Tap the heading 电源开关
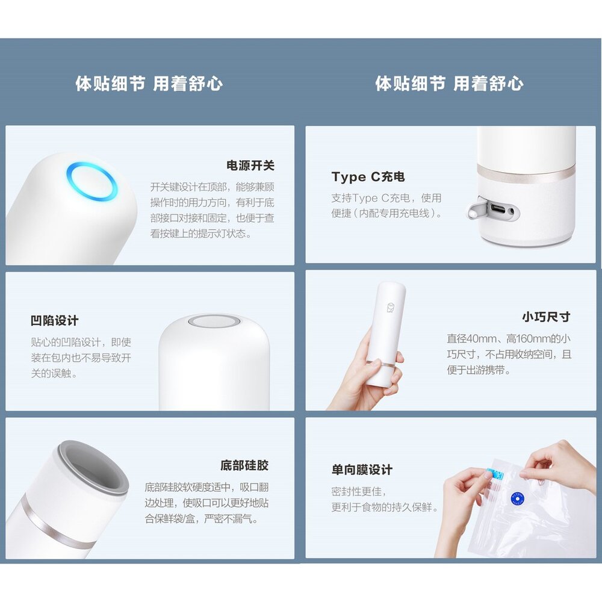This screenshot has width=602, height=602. [250, 166]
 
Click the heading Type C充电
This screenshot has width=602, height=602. [368, 176]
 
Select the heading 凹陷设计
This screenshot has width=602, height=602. [55, 320]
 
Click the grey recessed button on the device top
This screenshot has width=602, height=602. [214, 321]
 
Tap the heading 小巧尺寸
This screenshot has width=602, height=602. [546, 317]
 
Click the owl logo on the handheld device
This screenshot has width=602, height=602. [391, 308]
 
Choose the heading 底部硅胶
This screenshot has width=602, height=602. [244, 465]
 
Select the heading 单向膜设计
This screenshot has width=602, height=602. [362, 470]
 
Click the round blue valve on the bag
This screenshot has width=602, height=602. [518, 498]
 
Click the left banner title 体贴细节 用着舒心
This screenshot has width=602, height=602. [149, 83]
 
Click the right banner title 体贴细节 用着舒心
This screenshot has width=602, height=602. [449, 83]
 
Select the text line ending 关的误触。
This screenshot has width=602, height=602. [54, 373]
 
